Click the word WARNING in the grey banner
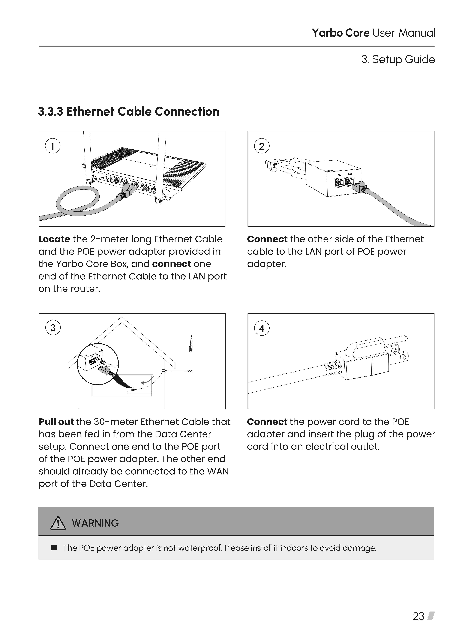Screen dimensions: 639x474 pyautogui.click(x=95, y=523)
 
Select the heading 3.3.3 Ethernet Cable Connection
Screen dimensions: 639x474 pyautogui.click(x=129, y=112)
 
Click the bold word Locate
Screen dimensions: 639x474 pyautogui.click(x=54, y=239)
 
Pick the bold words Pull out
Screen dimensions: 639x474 pyautogui.click(x=56, y=422)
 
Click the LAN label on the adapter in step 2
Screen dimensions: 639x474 pyautogui.click(x=350, y=174)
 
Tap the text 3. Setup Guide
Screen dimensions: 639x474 pyautogui.click(x=398, y=59)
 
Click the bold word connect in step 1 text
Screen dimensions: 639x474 pyautogui.click(x=172, y=264)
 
